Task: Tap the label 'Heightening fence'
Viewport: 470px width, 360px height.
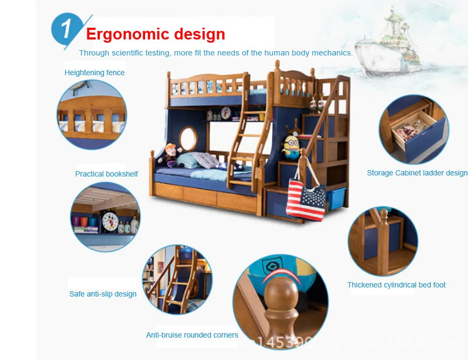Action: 94,73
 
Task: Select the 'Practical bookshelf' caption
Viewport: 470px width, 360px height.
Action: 106,174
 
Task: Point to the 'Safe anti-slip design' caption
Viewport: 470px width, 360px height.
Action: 102,294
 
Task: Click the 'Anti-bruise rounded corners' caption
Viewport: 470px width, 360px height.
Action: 192,335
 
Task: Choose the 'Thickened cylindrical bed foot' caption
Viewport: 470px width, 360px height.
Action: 396,285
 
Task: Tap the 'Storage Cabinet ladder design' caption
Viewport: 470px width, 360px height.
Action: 417,173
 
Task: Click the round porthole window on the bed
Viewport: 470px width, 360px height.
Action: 188,138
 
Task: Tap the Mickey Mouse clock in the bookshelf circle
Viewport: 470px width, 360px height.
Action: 110,221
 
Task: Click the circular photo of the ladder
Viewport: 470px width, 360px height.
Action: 177,279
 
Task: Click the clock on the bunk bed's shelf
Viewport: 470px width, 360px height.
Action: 225,113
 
